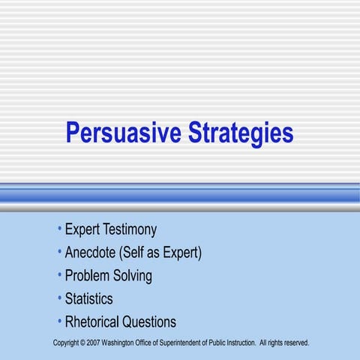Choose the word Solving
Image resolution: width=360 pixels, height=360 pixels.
tap(133, 276)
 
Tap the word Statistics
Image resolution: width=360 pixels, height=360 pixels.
tap(88, 299)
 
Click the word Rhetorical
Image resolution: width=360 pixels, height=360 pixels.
tap(97, 322)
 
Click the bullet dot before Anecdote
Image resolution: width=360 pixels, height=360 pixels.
tap(59, 251)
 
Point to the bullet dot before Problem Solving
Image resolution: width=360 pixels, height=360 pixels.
tap(59, 274)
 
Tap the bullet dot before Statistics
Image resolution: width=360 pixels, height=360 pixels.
tap(59, 298)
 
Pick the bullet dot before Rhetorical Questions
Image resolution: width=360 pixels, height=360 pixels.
tap(59, 321)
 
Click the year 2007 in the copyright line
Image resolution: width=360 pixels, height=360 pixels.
tap(94, 343)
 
